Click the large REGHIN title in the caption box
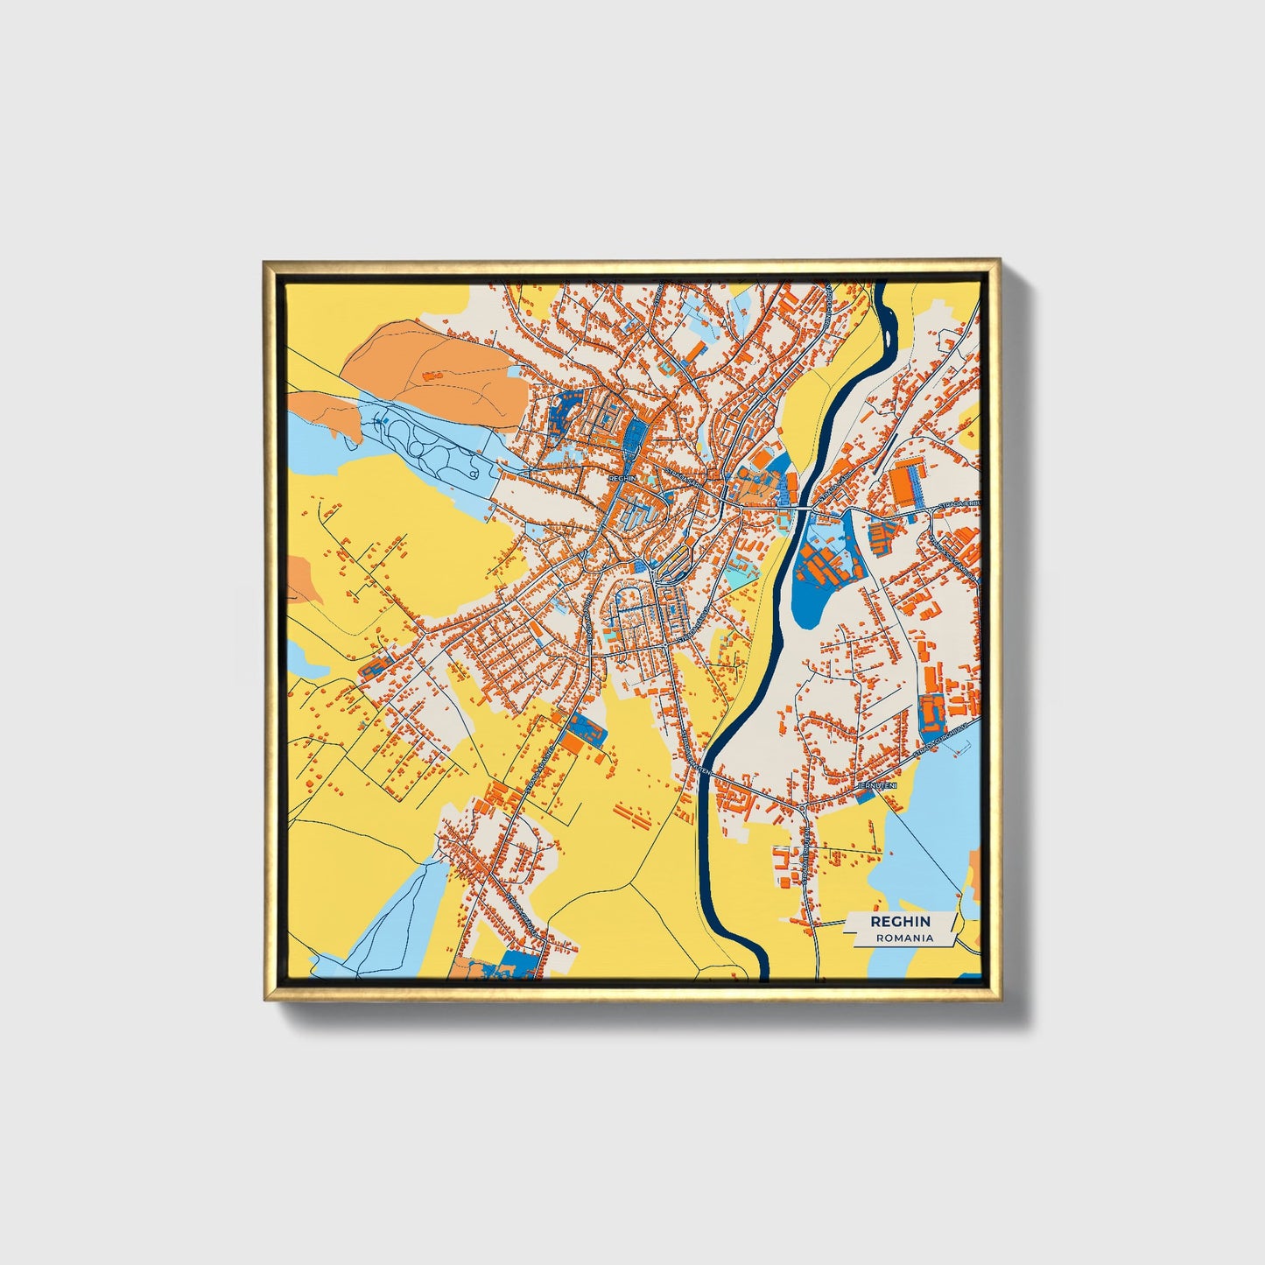point(900,922)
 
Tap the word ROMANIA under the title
point(904,938)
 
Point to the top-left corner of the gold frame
point(265,262)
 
